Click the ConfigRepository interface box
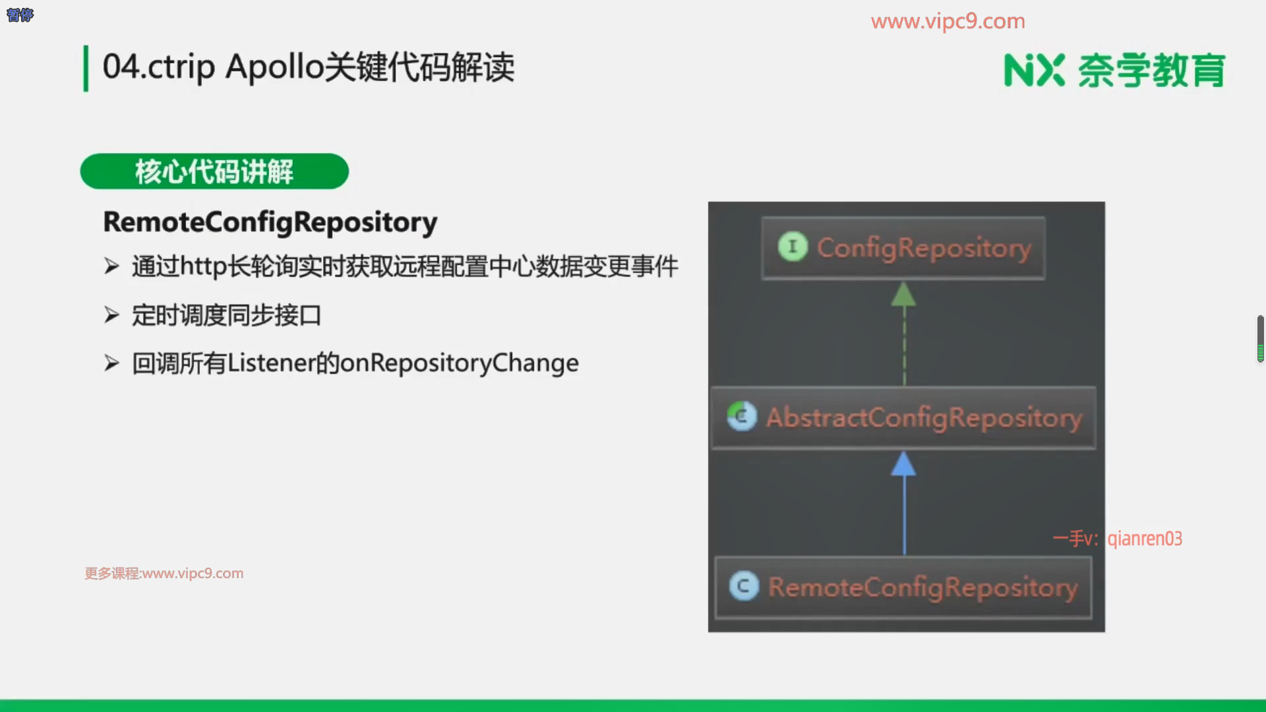tap(903, 248)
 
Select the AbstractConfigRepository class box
tap(903, 418)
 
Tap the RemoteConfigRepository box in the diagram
tap(903, 587)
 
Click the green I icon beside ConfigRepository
tap(793, 247)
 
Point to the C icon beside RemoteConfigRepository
tap(744, 586)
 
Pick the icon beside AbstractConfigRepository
tap(742, 417)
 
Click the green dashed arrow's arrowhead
tap(903, 294)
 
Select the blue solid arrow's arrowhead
tap(903, 464)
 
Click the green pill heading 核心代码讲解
tap(214, 171)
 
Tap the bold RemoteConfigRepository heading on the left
tap(270, 222)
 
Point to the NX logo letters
tap(1034, 71)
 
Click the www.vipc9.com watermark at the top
tap(948, 21)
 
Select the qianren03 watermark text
tap(1145, 539)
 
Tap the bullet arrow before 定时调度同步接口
tap(111, 315)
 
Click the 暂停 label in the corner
tap(20, 15)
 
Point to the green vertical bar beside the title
tap(86, 68)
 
